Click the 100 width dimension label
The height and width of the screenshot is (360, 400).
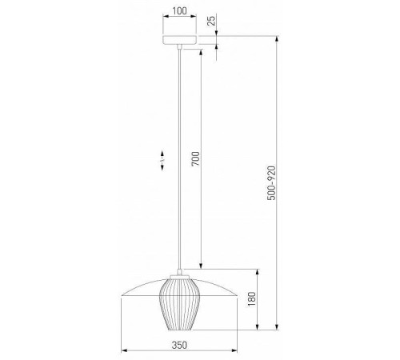tap(179, 11)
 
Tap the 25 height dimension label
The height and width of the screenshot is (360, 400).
tap(211, 21)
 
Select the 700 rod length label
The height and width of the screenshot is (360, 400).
tap(195, 158)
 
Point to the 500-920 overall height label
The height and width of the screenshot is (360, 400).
tap(271, 183)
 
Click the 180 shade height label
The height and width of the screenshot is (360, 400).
tap(251, 299)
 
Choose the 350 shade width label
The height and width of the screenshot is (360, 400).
tap(179, 345)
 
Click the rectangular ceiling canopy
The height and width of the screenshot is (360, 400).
tap(180, 40)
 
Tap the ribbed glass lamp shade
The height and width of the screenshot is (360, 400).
tap(179, 304)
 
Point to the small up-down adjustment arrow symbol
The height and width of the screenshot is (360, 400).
tap(162, 160)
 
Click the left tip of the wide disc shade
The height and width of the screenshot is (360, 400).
tap(122, 295)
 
